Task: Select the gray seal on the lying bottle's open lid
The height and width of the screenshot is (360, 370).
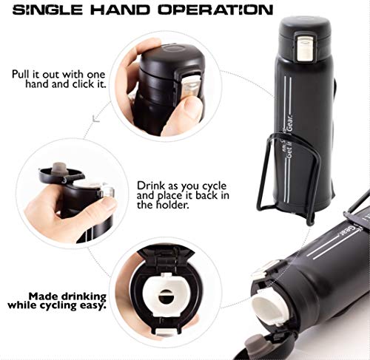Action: [255, 344]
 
